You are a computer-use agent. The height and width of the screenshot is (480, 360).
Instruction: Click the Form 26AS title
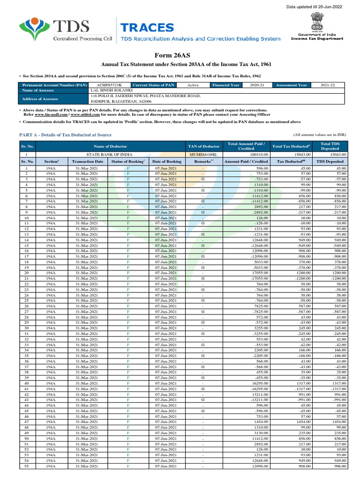point(180,56)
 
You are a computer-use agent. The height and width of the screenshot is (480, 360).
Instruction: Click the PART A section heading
point(65,135)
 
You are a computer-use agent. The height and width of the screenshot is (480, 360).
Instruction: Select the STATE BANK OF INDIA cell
point(110,154)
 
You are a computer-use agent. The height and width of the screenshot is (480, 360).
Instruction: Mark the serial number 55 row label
point(27,466)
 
